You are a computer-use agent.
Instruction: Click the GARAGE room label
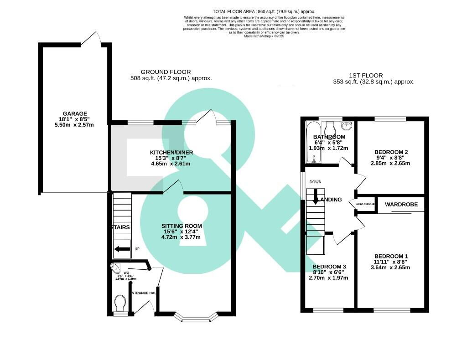click(75, 114)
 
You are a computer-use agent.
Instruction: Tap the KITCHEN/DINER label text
click(170, 152)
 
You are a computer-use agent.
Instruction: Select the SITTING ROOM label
click(182, 226)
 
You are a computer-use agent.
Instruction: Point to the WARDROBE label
click(401, 205)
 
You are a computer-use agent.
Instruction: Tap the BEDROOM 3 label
click(329, 267)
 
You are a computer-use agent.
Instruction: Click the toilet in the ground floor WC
click(120, 302)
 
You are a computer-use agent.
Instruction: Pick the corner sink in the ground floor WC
click(115, 268)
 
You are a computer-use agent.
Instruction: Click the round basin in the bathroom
click(347, 125)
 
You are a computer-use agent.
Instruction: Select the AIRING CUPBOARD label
click(365, 204)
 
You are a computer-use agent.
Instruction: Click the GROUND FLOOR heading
click(166, 72)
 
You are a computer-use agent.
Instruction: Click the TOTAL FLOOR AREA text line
click(264, 11)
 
